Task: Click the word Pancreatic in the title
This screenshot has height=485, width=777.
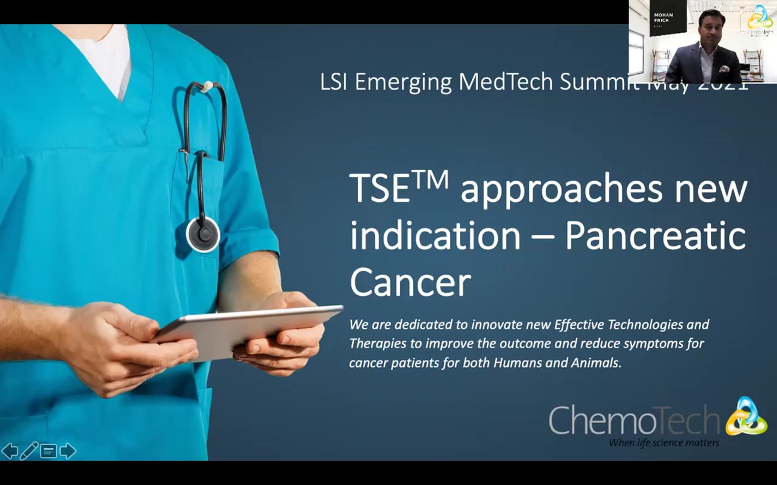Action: [655, 236]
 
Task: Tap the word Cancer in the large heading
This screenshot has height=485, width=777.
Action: [410, 283]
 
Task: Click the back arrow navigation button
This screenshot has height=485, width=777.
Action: [10, 451]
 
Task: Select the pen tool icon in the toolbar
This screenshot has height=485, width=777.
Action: [29, 451]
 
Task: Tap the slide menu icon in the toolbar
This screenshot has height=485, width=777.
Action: [49, 451]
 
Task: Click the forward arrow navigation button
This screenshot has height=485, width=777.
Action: [68, 451]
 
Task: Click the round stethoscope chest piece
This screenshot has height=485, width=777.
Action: [203, 233]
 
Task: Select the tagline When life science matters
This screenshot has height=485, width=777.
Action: [664, 443]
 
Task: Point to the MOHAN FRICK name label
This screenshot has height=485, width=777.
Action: [663, 18]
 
